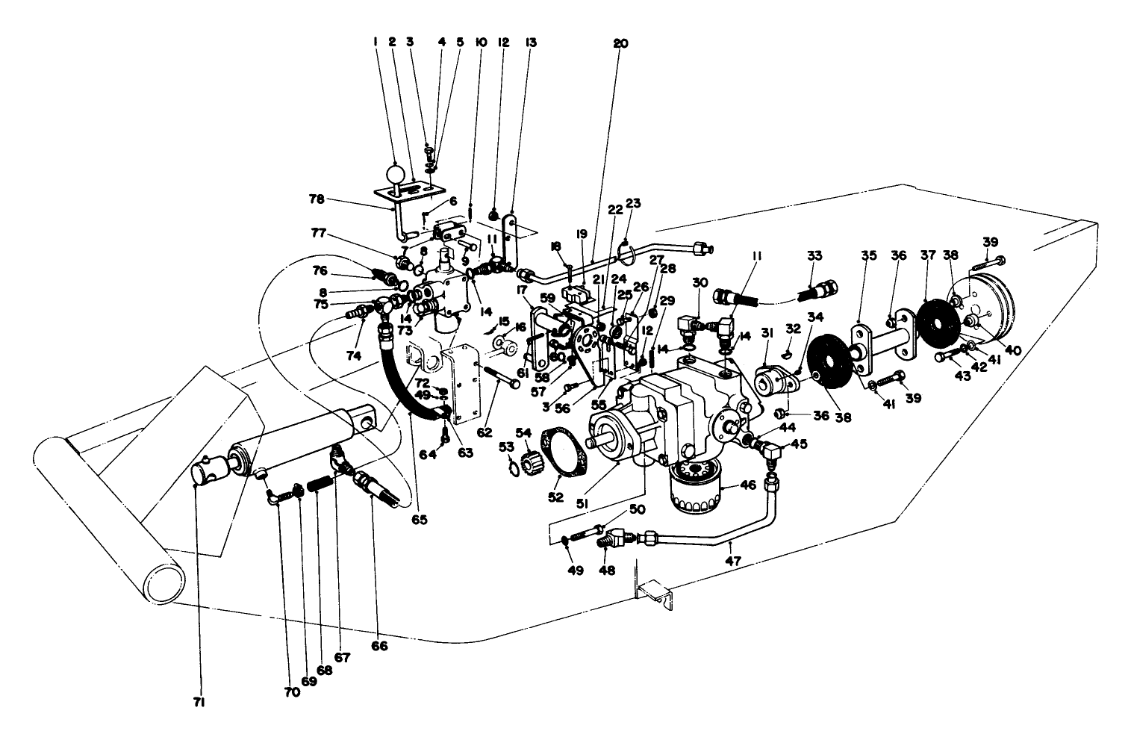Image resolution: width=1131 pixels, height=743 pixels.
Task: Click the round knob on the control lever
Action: pos(394,175)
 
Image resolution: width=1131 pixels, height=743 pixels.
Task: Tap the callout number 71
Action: pos(199,703)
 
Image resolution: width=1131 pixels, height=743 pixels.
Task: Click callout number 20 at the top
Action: pos(621,43)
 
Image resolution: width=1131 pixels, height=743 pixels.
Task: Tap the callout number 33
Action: pos(814,255)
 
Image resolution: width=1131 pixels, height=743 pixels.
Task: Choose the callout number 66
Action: pos(378,647)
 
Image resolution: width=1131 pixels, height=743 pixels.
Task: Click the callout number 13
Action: pos(531,43)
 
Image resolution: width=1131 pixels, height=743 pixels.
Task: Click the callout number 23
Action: pos(633,202)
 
